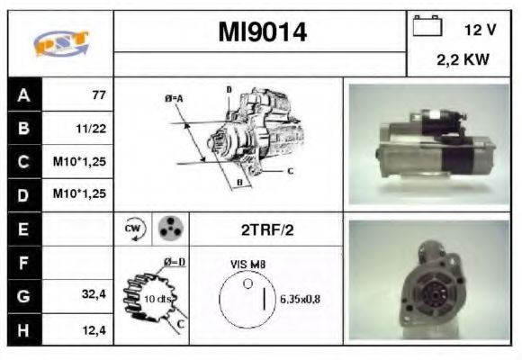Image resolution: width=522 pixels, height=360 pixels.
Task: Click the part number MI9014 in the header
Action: [x=262, y=32]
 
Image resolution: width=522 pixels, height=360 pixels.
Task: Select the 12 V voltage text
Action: [x=479, y=30]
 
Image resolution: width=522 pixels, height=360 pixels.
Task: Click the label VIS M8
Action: [x=247, y=265]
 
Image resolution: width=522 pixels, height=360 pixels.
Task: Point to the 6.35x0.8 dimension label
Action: [x=300, y=299]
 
